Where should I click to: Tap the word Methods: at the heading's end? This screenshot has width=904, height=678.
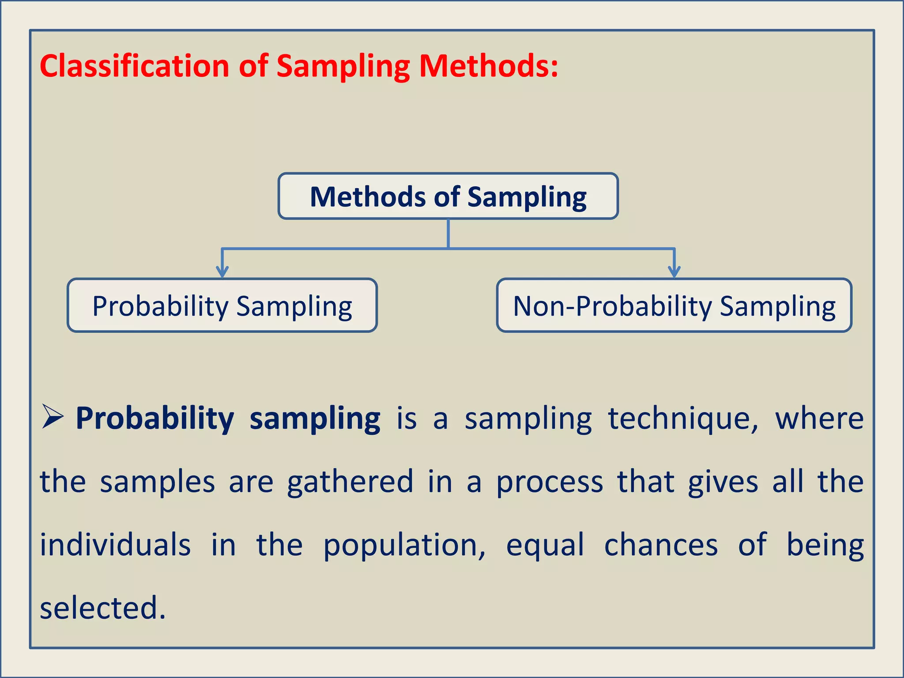[x=488, y=66]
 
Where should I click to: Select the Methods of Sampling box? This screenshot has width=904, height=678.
[x=448, y=196]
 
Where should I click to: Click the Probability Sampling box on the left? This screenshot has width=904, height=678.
[x=222, y=305]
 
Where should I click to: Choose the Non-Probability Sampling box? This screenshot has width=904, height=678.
[x=674, y=305]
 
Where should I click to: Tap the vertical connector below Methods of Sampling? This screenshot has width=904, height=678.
[x=448, y=234]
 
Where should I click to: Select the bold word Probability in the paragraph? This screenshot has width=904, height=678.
[x=154, y=418]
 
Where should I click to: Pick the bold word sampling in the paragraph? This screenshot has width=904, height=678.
[x=315, y=418]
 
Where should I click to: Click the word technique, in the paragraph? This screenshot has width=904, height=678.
[x=683, y=418]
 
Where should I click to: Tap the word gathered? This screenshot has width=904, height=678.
[x=350, y=482]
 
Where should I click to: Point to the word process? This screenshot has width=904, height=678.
[x=550, y=482]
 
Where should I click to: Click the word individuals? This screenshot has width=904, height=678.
[x=115, y=545]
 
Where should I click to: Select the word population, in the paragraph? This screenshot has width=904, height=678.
[x=404, y=546]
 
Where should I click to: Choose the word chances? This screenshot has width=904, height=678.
[x=661, y=545]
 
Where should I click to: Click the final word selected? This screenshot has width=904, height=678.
[x=102, y=608]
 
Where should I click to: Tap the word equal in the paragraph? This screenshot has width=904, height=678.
[x=545, y=546]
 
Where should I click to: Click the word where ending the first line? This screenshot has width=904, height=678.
[x=819, y=418]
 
